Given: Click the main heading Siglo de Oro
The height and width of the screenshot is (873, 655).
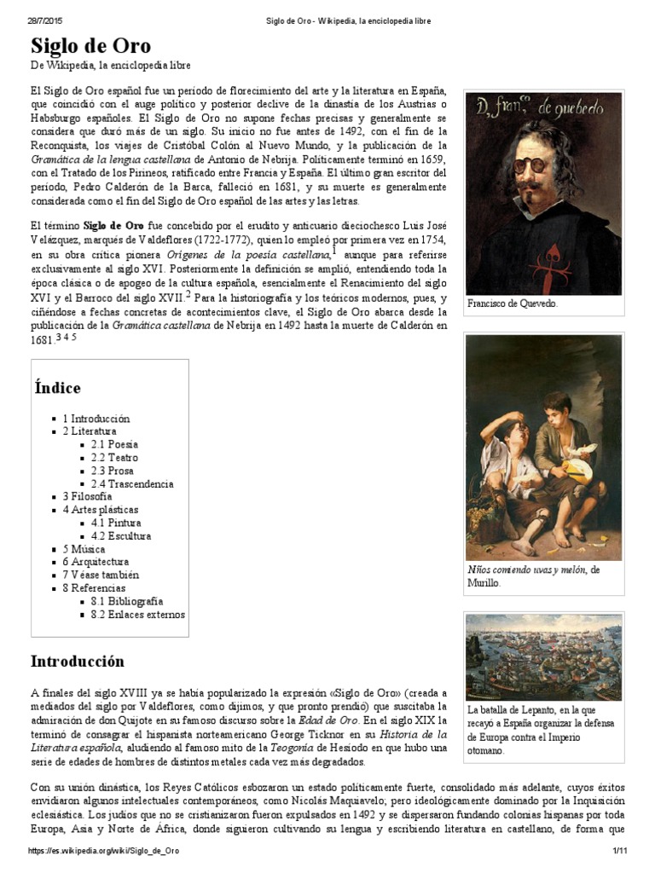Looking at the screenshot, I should click(x=90, y=45).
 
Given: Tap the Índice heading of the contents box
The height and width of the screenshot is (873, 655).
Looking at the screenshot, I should click(x=58, y=388).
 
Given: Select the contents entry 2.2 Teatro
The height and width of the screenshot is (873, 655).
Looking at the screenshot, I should click(x=113, y=458).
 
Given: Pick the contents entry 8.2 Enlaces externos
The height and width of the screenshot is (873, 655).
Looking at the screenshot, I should click(x=137, y=615).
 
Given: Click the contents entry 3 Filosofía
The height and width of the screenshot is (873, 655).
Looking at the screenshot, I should click(x=86, y=496).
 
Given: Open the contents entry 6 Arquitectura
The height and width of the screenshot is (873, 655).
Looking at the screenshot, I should click(x=96, y=562).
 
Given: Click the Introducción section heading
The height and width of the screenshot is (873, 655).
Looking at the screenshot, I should click(x=78, y=661).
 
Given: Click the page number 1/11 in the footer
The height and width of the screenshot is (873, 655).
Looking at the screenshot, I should click(x=619, y=852).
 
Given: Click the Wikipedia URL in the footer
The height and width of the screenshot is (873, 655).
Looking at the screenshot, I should click(x=105, y=852).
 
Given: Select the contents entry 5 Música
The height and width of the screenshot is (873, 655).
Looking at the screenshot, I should click(x=84, y=549).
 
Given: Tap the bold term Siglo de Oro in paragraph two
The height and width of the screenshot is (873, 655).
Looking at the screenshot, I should click(x=113, y=225).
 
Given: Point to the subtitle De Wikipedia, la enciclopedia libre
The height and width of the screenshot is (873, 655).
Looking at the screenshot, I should click(x=111, y=66).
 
